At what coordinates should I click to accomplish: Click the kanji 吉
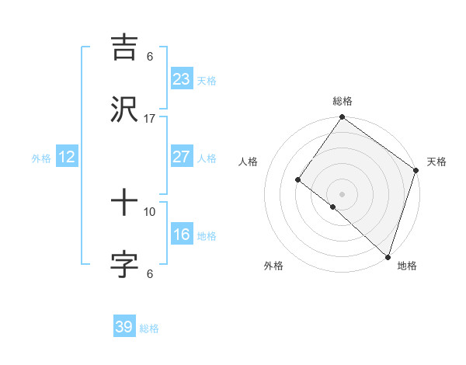[124, 46]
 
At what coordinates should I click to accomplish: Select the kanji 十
[124, 203]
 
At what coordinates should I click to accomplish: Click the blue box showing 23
[181, 78]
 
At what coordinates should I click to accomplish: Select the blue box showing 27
[181, 157]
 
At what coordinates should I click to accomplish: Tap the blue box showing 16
[181, 235]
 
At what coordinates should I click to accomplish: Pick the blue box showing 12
[67, 157]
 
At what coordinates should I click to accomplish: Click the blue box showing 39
[123, 327]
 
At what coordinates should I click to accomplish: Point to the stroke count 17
[150, 119]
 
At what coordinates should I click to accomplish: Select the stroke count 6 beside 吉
[150, 57]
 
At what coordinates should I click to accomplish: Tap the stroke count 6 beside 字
[150, 273]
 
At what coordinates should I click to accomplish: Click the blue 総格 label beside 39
[149, 328]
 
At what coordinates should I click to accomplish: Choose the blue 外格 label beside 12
[41, 158]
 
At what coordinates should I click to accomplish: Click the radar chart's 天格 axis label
[436, 162]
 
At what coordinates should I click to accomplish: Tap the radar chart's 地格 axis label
[407, 266]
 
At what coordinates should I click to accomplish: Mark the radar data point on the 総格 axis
[342, 118]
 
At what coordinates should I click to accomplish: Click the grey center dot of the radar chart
[342, 193]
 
